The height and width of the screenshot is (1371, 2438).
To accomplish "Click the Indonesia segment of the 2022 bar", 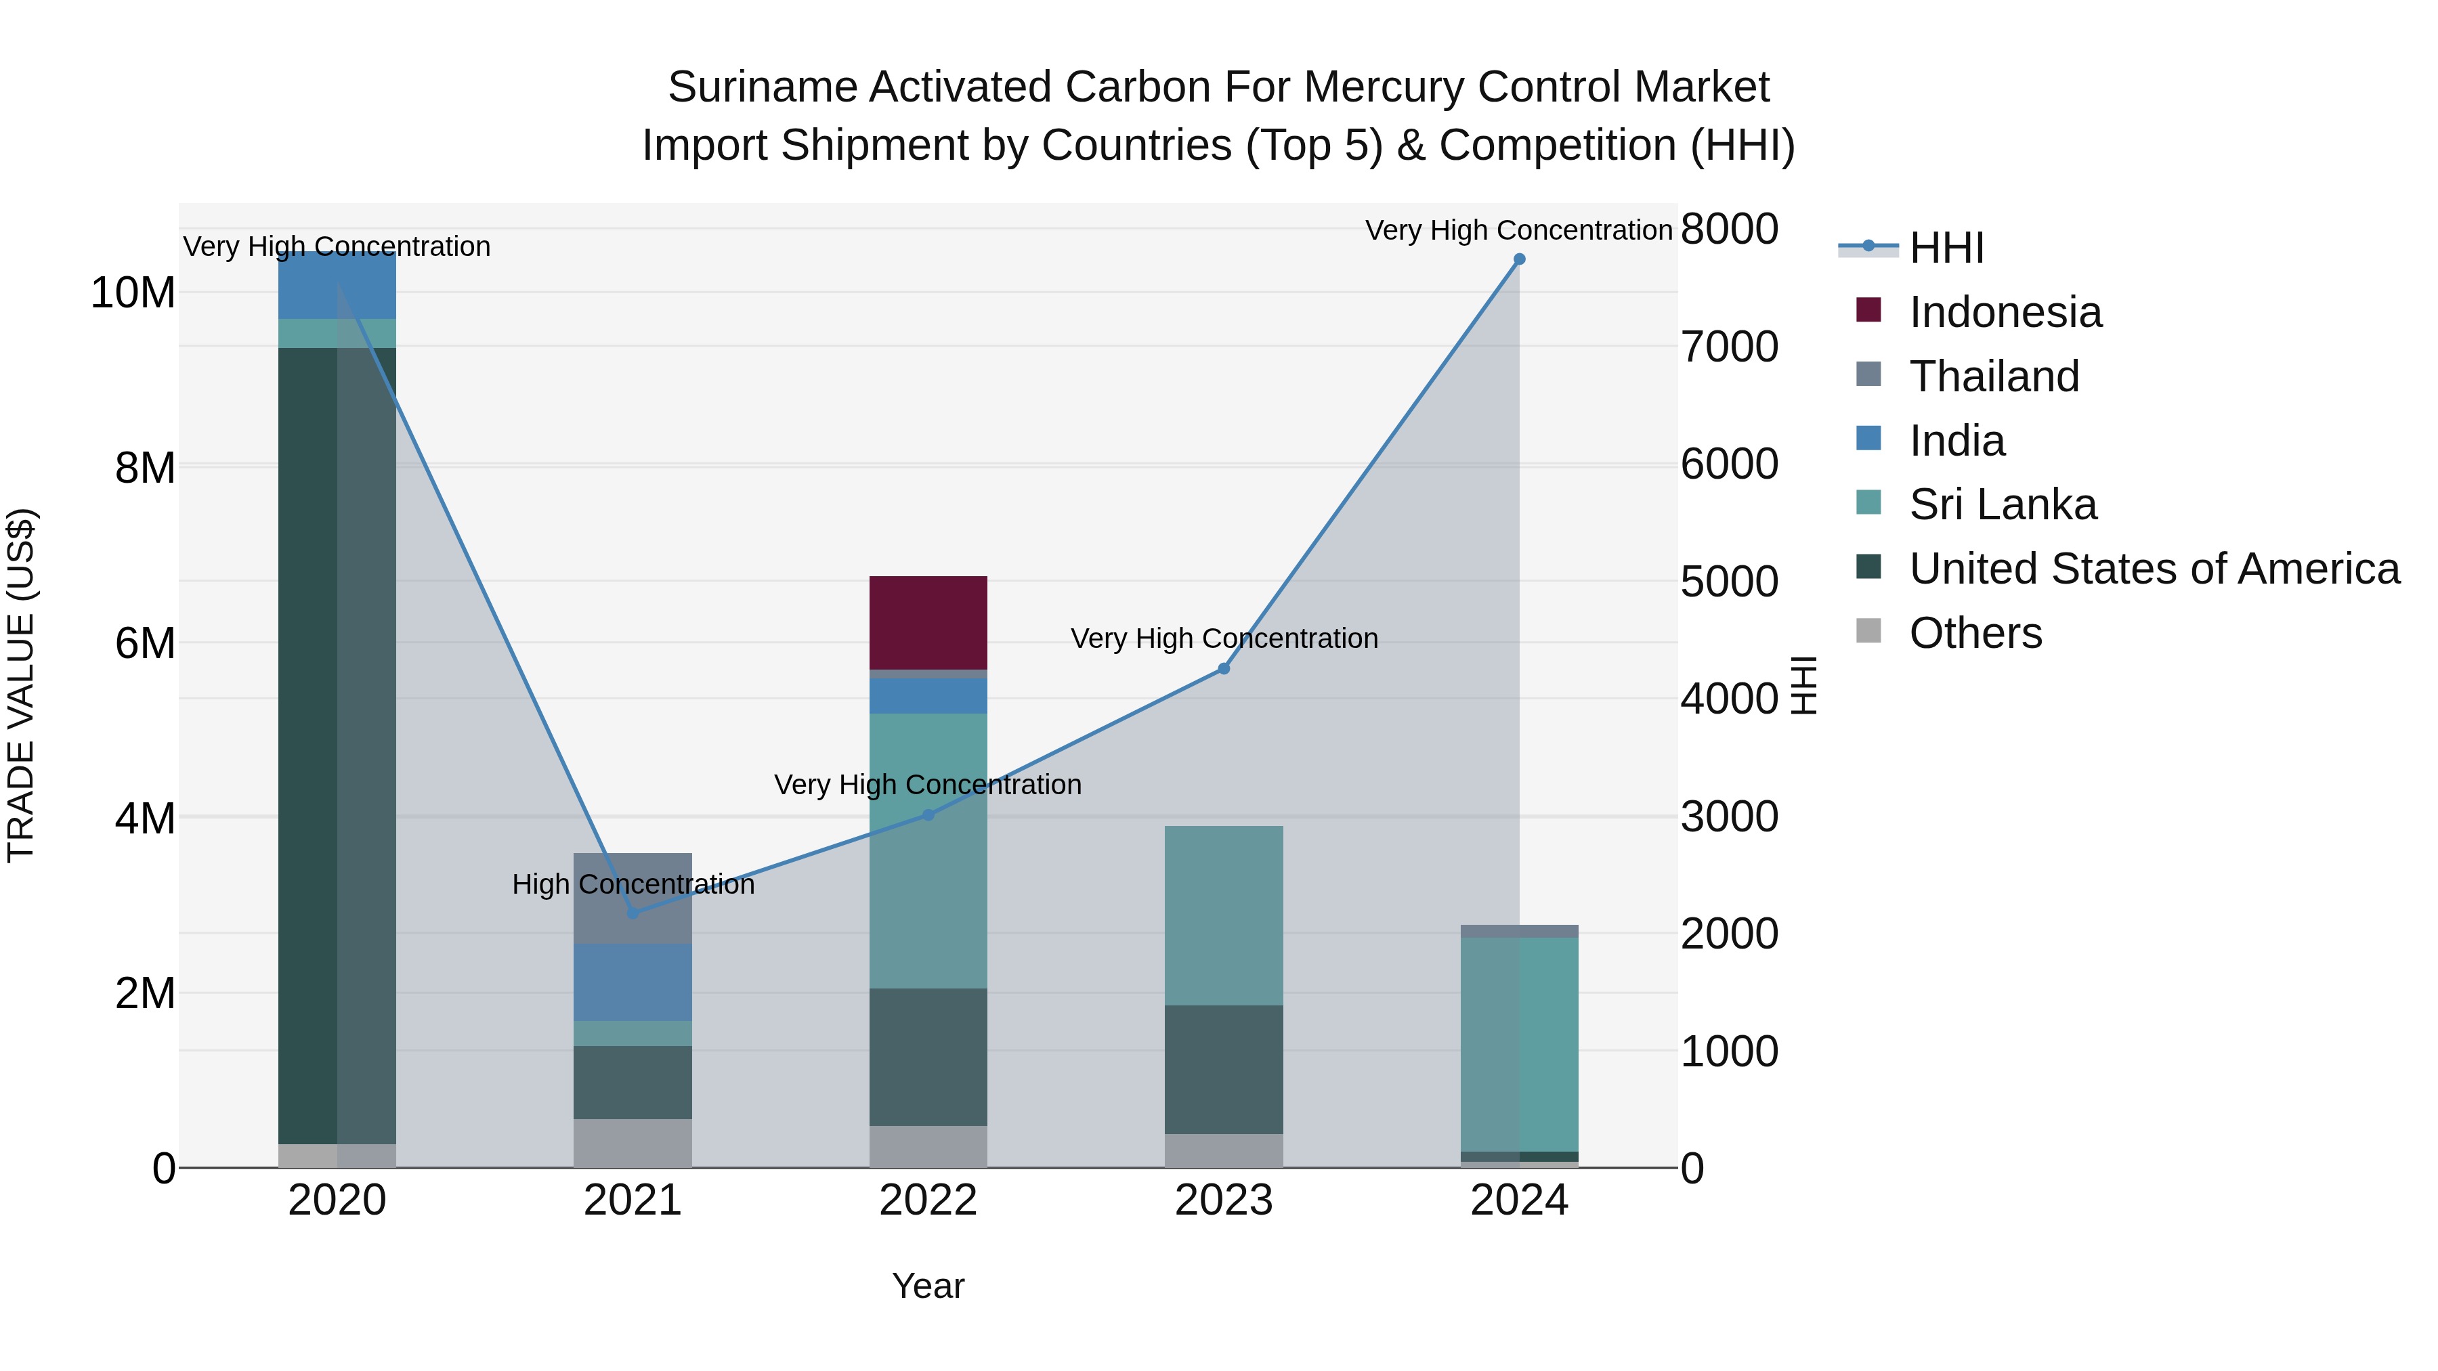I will point(928,622).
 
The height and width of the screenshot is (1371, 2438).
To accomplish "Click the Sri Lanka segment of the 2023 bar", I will point(1223,915).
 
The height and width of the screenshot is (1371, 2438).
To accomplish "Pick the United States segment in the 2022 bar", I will point(928,1057).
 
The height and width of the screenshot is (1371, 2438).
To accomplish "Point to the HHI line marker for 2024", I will point(1519,259).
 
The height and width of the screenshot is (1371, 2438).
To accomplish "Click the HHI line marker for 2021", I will point(633,913).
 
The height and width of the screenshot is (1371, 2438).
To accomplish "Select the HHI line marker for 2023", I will point(1224,669).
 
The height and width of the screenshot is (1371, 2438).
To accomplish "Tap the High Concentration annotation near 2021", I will point(633,885).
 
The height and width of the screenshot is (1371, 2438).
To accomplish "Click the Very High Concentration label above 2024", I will point(1518,230).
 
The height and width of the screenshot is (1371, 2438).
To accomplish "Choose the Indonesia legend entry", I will point(2005,312).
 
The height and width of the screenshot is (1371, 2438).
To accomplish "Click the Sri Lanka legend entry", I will point(2002,504).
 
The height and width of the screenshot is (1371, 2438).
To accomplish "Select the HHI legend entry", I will point(1946,248).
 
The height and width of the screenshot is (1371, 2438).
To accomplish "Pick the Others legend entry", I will point(1975,633).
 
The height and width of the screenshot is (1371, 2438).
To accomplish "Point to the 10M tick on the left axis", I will point(133,293).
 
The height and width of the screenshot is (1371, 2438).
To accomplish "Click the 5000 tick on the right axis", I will point(1729,582).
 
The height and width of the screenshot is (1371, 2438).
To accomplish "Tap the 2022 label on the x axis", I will point(928,1200).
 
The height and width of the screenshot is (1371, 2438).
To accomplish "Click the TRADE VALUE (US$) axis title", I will point(21,685).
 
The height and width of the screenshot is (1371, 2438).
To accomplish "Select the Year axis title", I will point(928,1286).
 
